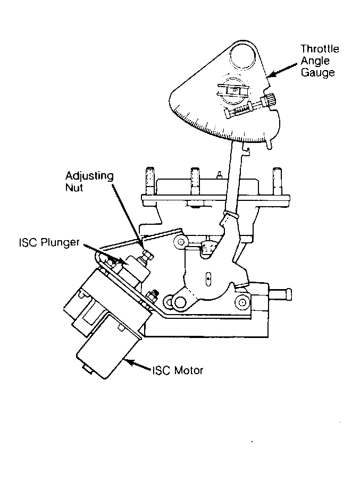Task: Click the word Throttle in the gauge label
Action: [x=320, y=49]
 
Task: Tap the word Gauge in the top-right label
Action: [x=317, y=73]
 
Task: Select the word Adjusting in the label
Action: [x=89, y=176]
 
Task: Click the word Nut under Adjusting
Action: [x=74, y=188]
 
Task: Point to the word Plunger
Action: [x=60, y=242]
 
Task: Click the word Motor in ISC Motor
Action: [x=189, y=370]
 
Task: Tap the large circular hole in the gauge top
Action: [x=243, y=56]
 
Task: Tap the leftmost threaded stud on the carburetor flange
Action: [x=150, y=181]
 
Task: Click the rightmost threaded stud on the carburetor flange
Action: [x=277, y=181]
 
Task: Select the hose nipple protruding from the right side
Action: [x=280, y=294]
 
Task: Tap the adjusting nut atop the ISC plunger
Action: [x=147, y=256]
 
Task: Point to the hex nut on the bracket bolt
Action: [x=153, y=296]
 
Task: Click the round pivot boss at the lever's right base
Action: [x=242, y=302]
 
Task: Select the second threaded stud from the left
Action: [x=195, y=181]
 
